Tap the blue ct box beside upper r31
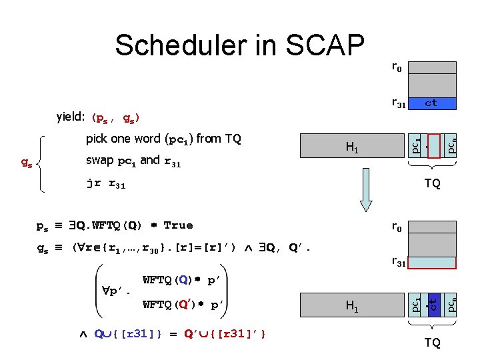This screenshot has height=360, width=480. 431,103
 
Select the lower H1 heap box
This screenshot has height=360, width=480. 351,307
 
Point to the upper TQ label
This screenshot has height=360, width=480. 432,183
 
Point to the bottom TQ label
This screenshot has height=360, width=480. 432,343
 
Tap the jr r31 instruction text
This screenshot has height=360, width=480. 107,182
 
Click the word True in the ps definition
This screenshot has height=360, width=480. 177,225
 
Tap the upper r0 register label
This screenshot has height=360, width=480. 396,67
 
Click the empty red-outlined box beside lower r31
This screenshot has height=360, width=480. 431,262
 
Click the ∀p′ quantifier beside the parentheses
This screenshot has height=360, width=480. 117,291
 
